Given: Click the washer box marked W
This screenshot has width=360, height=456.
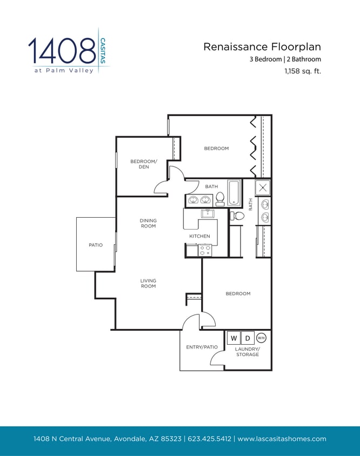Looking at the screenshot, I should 234,338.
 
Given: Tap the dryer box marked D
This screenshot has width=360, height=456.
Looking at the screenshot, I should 248,338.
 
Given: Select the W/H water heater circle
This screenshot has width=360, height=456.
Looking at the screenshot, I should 261,338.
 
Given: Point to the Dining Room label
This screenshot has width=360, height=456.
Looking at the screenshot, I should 148,223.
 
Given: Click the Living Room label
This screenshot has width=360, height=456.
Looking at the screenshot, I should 148,283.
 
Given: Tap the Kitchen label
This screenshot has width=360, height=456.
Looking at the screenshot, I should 199,236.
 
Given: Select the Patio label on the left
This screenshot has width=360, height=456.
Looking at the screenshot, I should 96,245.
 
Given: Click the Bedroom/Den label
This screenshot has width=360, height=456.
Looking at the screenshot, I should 143,164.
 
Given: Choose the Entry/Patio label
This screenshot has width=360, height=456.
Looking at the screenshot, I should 202,347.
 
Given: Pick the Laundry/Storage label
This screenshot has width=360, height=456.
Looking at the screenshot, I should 248,352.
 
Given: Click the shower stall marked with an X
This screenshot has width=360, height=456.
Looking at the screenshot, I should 263,187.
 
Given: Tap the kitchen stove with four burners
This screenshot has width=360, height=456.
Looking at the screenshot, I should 205,250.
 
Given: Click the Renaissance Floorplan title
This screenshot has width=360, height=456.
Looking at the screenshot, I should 262,47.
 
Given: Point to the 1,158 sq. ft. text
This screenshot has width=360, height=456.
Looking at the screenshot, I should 303,70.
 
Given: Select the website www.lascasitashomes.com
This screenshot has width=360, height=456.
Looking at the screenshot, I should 282,439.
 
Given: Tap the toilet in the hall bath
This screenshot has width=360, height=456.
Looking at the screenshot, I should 220,200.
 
